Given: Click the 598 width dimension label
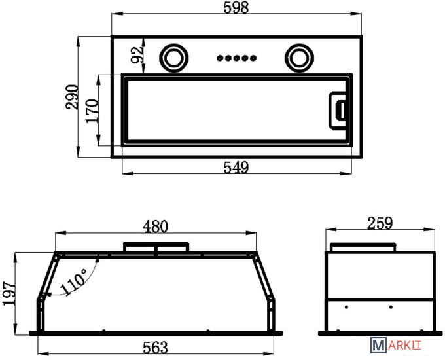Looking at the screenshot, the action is point(236,7).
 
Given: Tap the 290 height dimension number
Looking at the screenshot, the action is point(72,96).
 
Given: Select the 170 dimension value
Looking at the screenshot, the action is point(92,111).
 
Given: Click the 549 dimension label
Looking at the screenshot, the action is point(236,167).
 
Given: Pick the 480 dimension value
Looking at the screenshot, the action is point(155,226).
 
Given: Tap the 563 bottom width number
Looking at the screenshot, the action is point(155,348).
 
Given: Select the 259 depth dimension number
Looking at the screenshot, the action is point(380,223).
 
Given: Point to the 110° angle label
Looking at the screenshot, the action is point(73,281).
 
